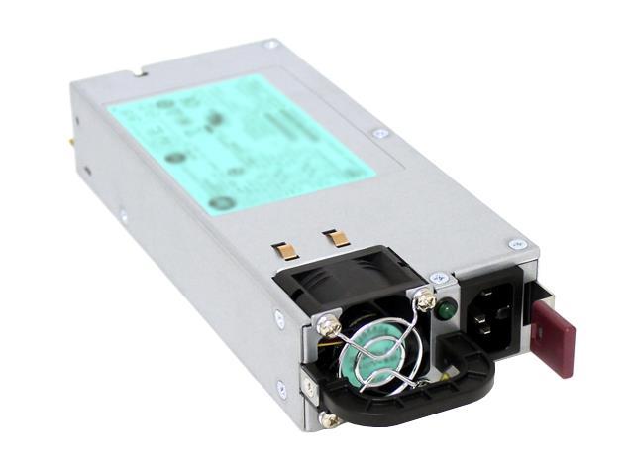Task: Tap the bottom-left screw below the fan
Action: pos(331,420)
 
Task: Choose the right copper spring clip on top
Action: pos(336,238)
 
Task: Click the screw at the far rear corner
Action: pos(270,45)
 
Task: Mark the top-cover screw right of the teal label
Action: pos(379,133)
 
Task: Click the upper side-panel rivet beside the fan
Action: pos(279,318)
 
